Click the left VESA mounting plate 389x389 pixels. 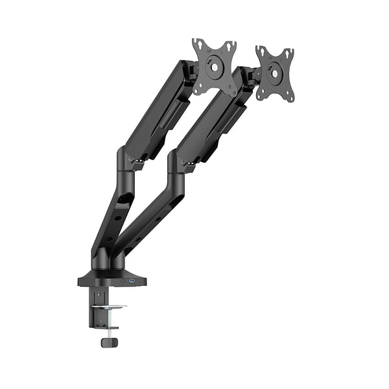pos(215,67)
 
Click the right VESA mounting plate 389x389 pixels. pos(275,73)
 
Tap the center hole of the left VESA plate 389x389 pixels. pos(215,67)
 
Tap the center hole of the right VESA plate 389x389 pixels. pos(276,74)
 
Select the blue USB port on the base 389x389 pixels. pos(131,281)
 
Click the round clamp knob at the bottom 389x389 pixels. pos(108,341)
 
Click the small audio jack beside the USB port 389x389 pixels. pos(122,281)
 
